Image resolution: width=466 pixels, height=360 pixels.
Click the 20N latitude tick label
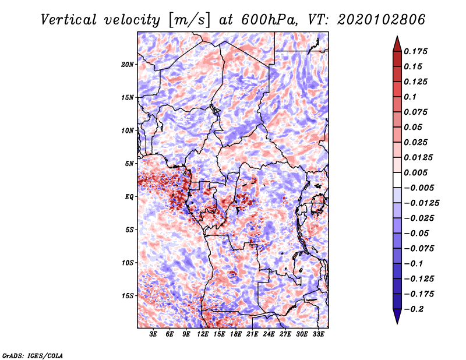coord(128,64)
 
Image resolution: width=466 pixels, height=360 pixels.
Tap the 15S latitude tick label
coord(128,295)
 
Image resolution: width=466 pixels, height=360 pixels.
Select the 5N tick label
coord(129,163)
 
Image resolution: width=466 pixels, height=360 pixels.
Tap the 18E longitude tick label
coord(236,334)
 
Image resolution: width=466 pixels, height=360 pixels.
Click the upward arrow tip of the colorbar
coord(397,38)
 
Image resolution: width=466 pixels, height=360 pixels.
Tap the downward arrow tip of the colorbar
coord(397,322)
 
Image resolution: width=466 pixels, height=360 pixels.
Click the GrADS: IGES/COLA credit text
coord(33,355)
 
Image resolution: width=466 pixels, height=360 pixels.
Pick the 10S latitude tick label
coord(128,262)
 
